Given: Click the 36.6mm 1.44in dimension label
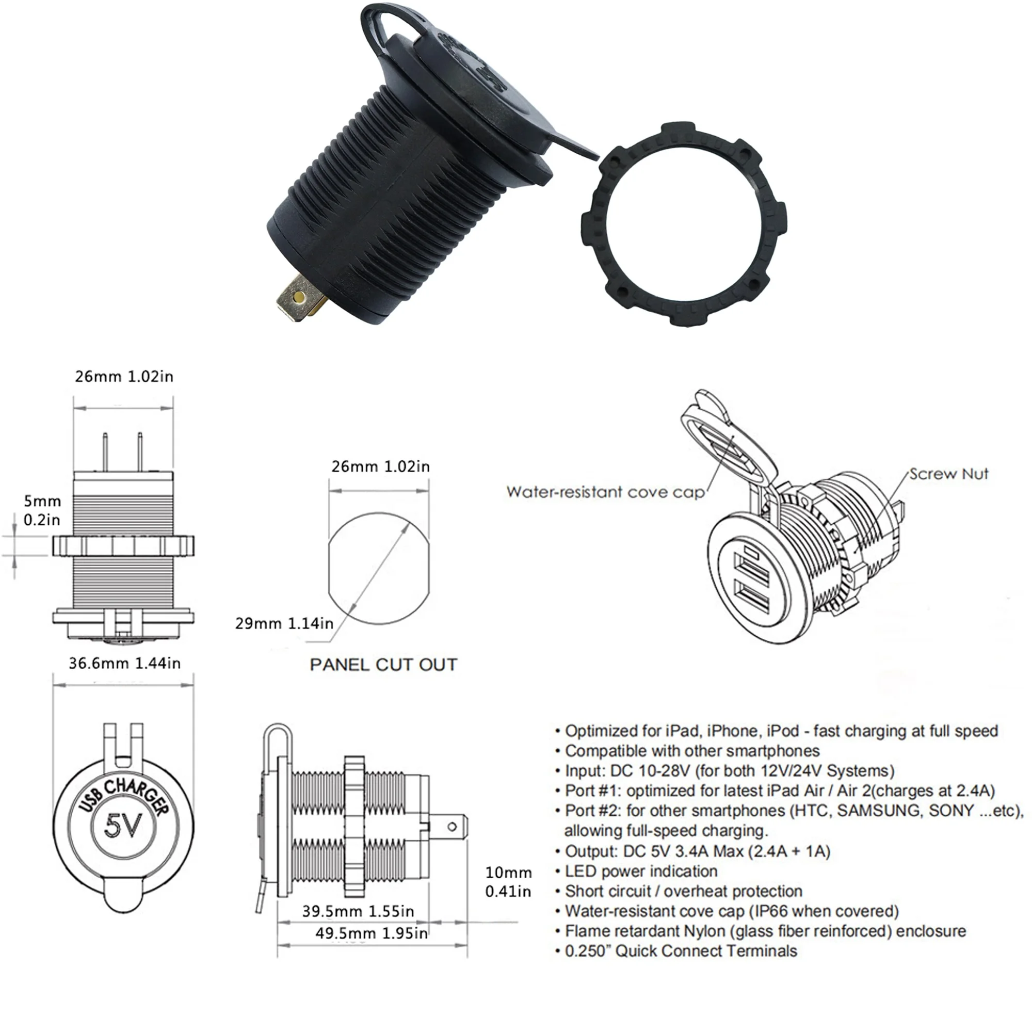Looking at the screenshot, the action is (124, 664).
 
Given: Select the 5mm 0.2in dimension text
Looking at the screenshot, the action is (42, 510).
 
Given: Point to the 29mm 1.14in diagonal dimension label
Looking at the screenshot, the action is (284, 623).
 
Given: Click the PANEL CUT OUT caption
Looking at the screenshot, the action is (383, 665).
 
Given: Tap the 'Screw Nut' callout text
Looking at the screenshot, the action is (949, 474).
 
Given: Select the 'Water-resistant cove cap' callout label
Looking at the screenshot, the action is (605, 492).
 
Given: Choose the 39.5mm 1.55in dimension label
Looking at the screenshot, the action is (358, 911).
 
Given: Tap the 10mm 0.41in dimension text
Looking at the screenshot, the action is (508, 882).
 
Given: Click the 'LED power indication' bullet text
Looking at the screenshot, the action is (641, 871).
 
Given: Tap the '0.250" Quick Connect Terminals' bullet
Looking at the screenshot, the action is (681, 951).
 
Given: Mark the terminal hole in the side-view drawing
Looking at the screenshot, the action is (452, 828).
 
